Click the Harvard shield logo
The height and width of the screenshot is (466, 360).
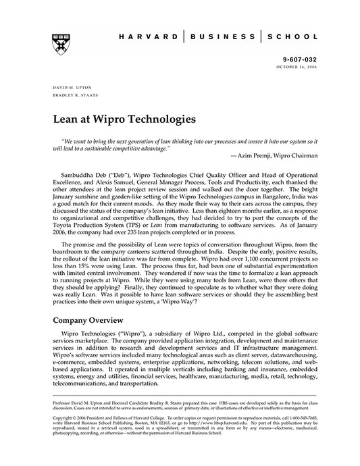click(x=58, y=41)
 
